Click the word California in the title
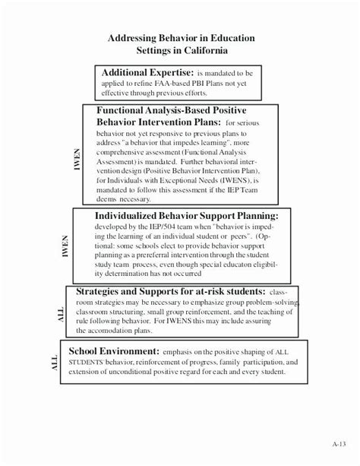(x=210, y=50)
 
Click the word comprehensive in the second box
(x=125, y=152)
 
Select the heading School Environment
(x=113, y=350)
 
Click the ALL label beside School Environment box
(x=54, y=363)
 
